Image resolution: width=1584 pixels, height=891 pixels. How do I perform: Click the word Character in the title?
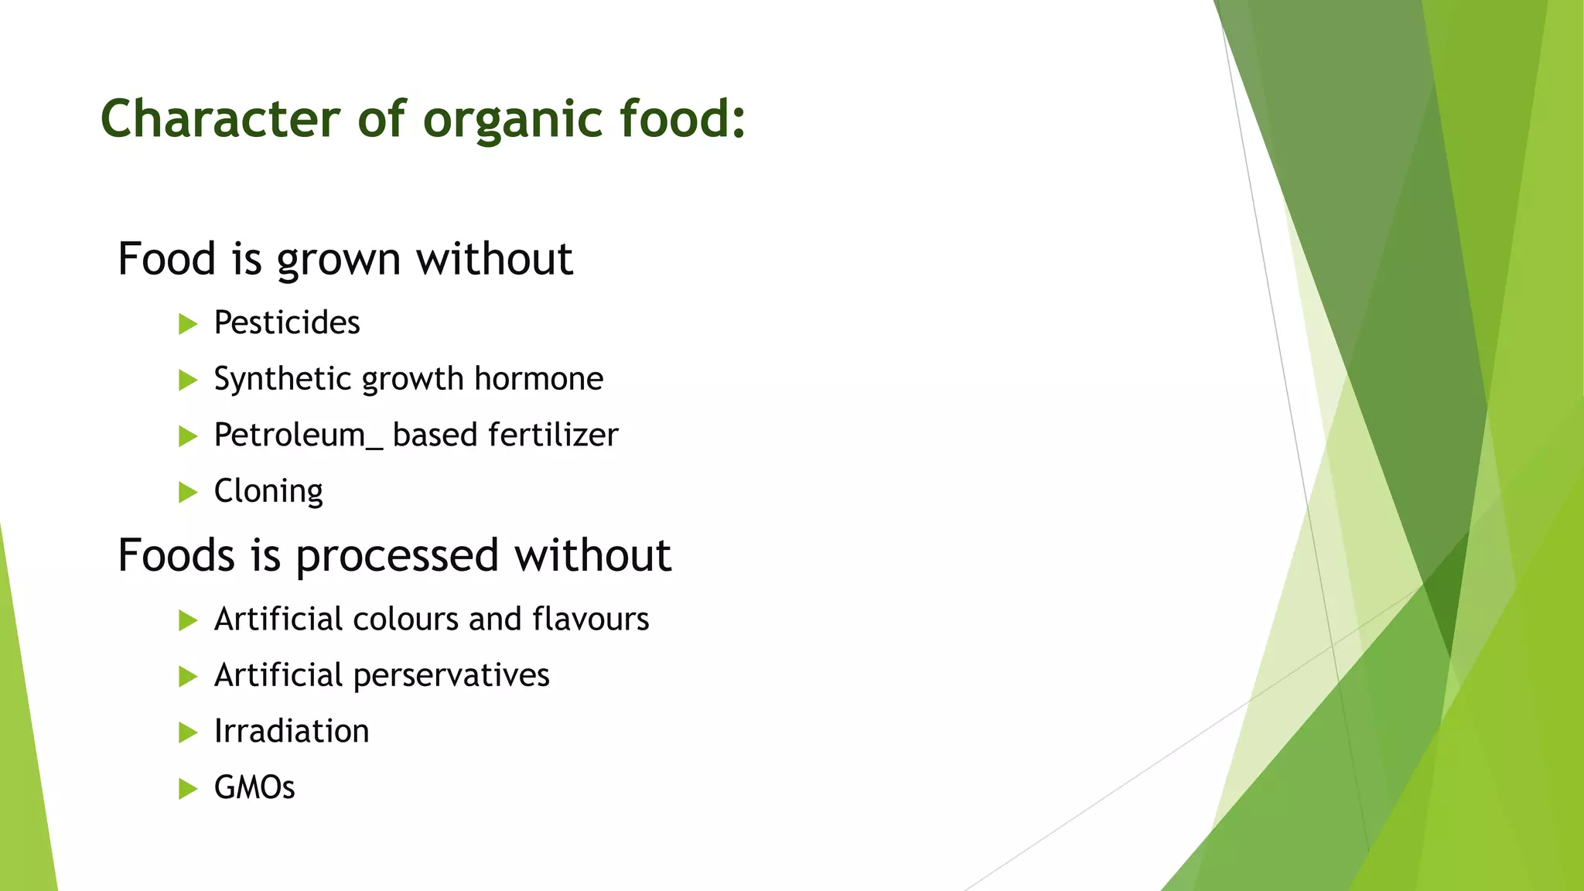(x=220, y=119)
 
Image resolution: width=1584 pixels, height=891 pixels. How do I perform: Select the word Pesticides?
(x=286, y=323)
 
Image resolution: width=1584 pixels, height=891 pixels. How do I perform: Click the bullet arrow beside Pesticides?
(x=188, y=323)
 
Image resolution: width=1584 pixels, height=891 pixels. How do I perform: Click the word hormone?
(x=538, y=378)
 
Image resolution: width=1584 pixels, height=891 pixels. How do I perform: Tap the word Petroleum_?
(x=298, y=435)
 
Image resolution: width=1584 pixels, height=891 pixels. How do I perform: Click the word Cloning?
(x=268, y=491)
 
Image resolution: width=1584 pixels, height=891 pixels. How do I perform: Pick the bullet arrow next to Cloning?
(x=188, y=492)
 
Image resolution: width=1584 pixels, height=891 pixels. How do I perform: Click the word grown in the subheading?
(x=338, y=260)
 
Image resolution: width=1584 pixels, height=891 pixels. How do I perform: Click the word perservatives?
(x=451, y=675)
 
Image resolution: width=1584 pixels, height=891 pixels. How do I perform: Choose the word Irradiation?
(x=292, y=731)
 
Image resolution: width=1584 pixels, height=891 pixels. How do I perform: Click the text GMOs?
(x=254, y=787)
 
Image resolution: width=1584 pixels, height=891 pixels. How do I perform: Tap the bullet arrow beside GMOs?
(x=188, y=788)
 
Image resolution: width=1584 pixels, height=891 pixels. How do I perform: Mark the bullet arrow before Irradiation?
(x=188, y=732)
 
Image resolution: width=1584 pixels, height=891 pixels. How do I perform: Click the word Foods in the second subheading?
(x=176, y=555)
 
